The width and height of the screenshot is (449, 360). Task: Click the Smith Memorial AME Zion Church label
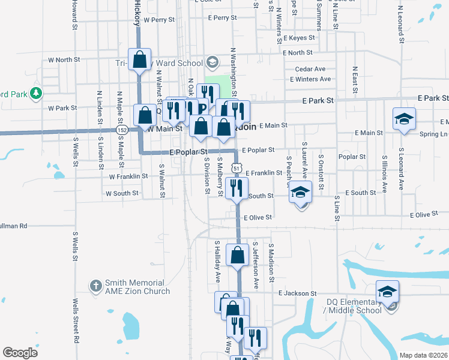pyautogui.click(x=134, y=287)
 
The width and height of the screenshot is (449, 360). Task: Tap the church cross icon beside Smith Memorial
pyautogui.click(x=95, y=286)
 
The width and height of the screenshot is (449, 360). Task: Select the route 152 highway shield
pyautogui.click(x=122, y=130)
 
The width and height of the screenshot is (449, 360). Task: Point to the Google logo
pyautogui.click(x=20, y=353)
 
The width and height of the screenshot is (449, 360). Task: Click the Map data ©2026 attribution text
pyautogui.click(x=423, y=355)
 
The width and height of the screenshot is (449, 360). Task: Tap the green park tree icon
pyautogui.click(x=37, y=93)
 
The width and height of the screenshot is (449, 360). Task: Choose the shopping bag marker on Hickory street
pyautogui.click(x=140, y=60)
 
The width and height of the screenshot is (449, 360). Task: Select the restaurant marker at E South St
pyautogui.click(x=238, y=188)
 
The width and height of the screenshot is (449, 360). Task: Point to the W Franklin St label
pyautogui.click(x=128, y=176)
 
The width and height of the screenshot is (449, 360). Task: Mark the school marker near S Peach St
pyautogui.click(x=301, y=193)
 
